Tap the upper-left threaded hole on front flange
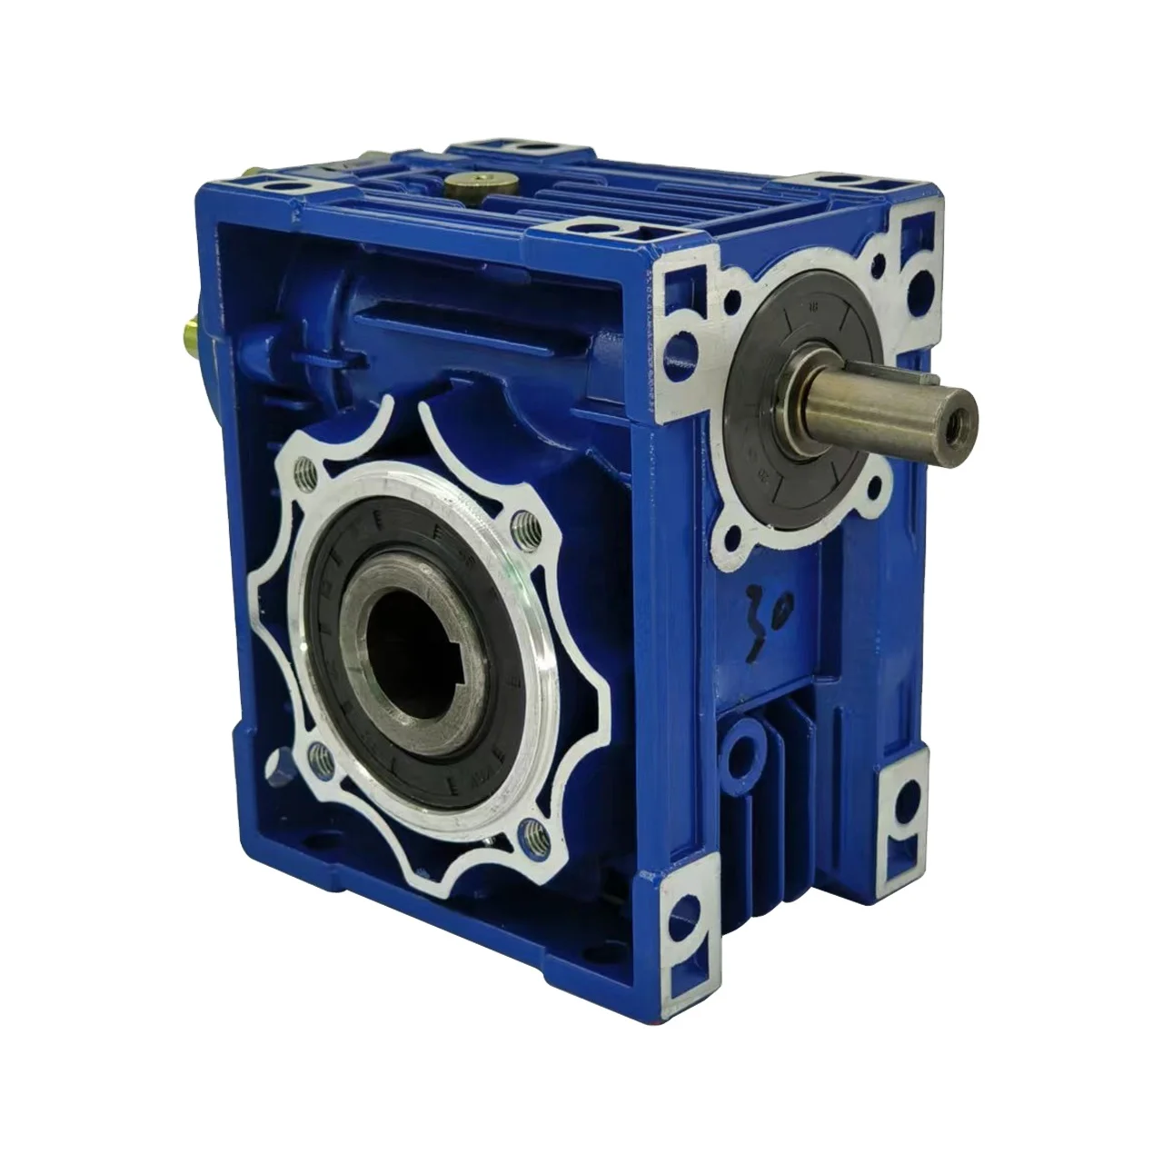(x=311, y=470)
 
